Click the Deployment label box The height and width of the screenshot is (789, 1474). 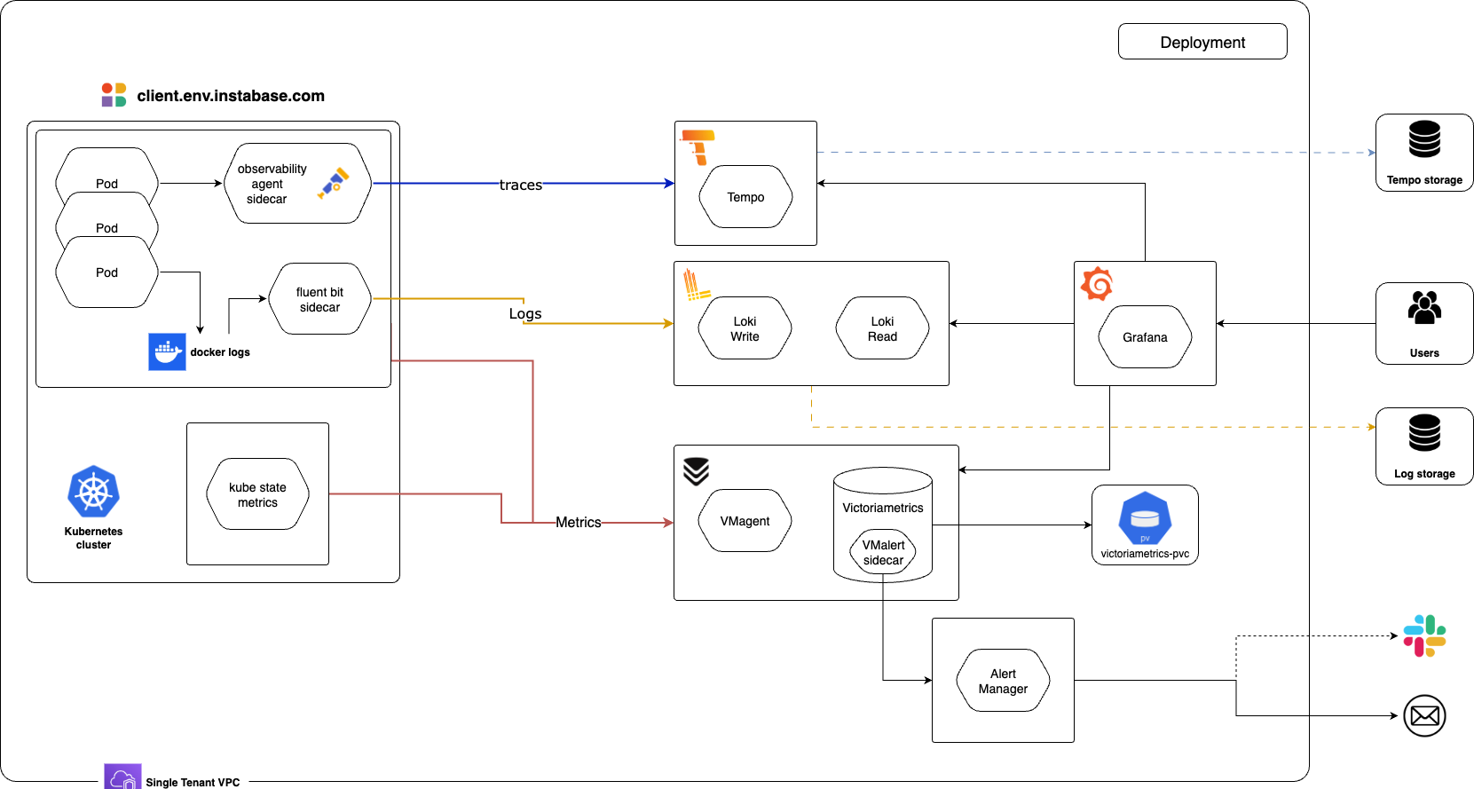pyautogui.click(x=1202, y=42)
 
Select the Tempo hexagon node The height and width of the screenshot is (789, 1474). pyautogui.click(x=745, y=197)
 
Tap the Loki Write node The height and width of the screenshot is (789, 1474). pyautogui.click(x=745, y=328)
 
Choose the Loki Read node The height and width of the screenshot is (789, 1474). pyautogui.click(x=882, y=328)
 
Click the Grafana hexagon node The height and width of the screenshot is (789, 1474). pyautogui.click(x=1145, y=337)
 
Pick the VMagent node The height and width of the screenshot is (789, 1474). pyautogui.click(x=745, y=521)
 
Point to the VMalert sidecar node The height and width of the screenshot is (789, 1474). pyautogui.click(x=883, y=552)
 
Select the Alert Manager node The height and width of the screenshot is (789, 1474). pyautogui.click(x=1003, y=681)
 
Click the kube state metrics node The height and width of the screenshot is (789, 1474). pyautogui.click(x=257, y=494)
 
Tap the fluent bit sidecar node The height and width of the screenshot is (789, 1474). pyautogui.click(x=319, y=299)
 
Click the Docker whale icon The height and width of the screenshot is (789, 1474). pyautogui.click(x=167, y=352)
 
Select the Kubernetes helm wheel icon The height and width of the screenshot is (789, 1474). pyautogui.click(x=93, y=492)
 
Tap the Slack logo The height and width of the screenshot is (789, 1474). pyautogui.click(x=1424, y=636)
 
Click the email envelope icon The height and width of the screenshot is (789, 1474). pyautogui.click(x=1424, y=715)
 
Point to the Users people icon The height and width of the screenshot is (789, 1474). pyautogui.click(x=1424, y=308)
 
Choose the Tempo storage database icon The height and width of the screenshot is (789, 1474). pyautogui.click(x=1424, y=140)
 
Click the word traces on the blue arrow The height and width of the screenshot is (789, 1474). pyautogui.click(x=520, y=185)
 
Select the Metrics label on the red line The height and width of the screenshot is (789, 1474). pyautogui.click(x=578, y=523)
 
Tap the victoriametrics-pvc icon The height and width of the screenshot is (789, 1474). pyautogui.click(x=1145, y=517)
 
